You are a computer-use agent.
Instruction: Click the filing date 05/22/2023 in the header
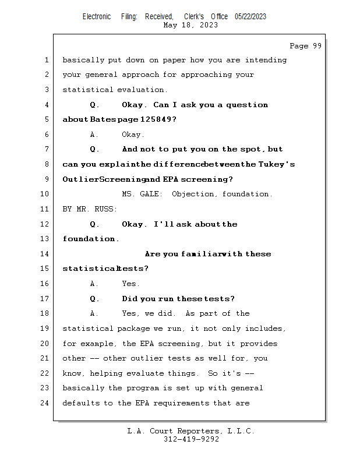[x=250, y=16]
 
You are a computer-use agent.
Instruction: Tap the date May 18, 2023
[x=191, y=25]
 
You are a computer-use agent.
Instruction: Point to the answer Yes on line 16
[x=130, y=284]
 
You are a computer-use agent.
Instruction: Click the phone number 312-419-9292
[x=191, y=439]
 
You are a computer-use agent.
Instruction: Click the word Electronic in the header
[x=96, y=16]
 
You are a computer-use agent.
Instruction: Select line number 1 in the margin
[x=46, y=60]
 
